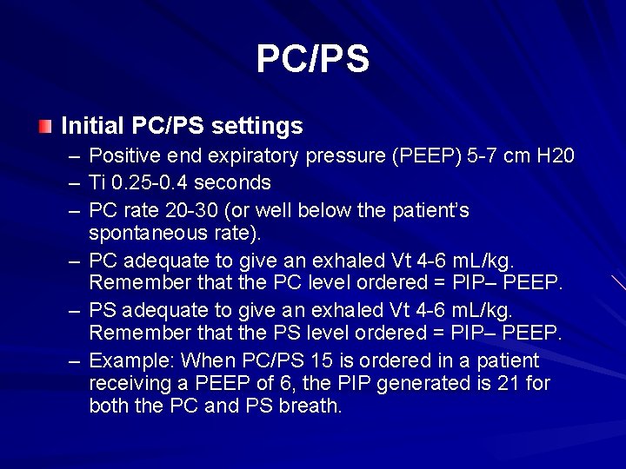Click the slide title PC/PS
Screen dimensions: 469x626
[312, 59]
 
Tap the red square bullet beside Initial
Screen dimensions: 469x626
[45, 127]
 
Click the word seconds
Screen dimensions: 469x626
[237, 183]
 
